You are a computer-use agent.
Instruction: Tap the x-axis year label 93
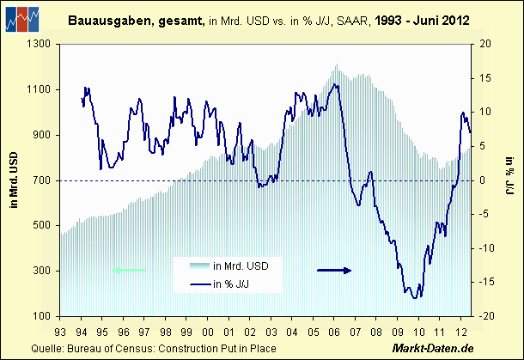(x=60, y=331)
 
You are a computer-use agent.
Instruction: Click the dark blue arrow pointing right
(x=334, y=270)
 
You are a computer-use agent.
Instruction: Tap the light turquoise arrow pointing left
(x=129, y=270)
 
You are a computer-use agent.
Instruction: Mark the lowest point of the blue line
(x=415, y=298)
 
